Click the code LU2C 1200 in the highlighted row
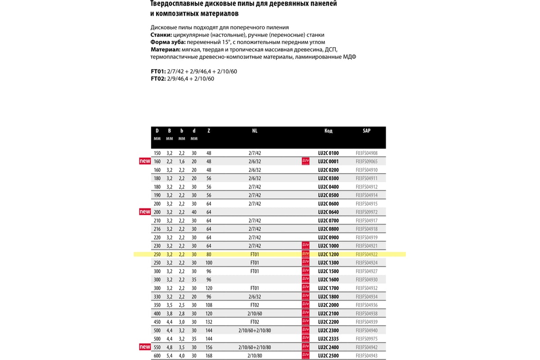328,254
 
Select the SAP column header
366,131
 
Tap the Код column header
328,131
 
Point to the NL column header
255,131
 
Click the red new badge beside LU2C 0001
145,161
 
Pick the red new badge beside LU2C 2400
145,347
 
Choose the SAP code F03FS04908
366,153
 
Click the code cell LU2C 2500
328,355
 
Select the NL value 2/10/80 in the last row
255,355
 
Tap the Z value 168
209,355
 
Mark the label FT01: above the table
158,72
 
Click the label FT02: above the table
158,79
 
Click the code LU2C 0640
328,212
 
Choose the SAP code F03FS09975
366,339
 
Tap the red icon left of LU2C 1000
306,246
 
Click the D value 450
157,322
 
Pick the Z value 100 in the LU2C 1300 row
209,263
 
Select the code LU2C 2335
328,339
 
